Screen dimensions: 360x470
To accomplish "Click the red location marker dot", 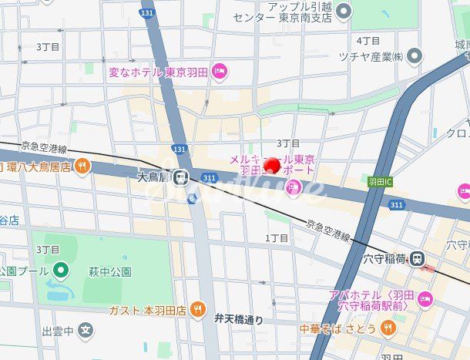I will point(271,165).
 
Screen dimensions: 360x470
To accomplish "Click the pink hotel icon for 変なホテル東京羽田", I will point(220,72).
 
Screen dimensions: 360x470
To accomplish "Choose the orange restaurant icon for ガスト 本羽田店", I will point(198,310).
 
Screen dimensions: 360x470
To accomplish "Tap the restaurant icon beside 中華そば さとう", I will point(388,328).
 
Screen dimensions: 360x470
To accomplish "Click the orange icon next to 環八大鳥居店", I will point(82,166).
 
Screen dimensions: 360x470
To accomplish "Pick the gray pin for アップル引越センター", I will point(344,11).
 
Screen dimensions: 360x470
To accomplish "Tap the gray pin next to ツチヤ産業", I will point(415,56).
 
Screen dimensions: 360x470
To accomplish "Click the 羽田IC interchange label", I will point(380,182).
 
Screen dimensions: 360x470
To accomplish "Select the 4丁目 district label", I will point(368,40).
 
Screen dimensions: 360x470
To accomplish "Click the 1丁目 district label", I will point(277,238).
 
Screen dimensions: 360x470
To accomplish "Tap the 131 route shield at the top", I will point(146,13).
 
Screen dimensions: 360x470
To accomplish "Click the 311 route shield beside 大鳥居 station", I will point(210,177).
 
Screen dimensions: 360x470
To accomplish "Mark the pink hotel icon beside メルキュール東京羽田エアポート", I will point(293,186).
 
